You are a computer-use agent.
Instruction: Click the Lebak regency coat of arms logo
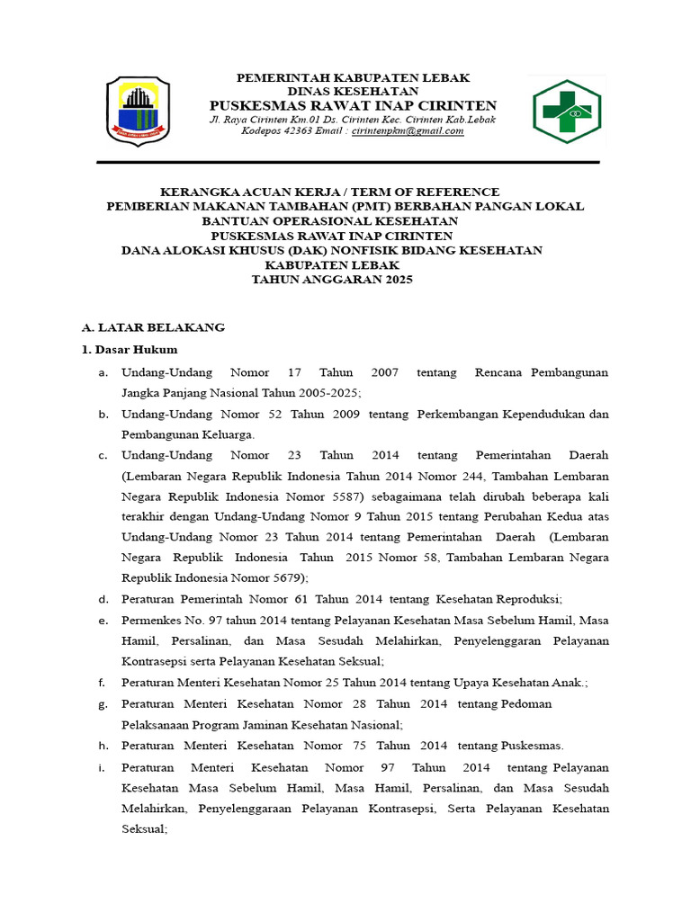click(x=138, y=110)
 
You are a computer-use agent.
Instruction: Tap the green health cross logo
click(x=568, y=111)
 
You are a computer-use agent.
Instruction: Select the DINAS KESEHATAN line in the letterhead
click(x=353, y=92)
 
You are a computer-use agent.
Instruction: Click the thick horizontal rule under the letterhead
click(x=347, y=163)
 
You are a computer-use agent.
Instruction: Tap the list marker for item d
click(x=103, y=599)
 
